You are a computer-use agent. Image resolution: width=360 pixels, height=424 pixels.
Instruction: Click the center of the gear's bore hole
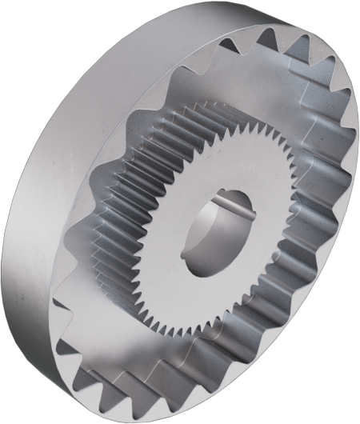pos(214,232)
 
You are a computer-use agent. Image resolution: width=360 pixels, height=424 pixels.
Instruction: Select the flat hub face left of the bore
pos(172,240)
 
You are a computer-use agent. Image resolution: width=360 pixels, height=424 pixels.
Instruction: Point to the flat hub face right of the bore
pos(260,228)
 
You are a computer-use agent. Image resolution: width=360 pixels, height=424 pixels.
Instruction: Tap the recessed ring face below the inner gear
pos(200,352)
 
